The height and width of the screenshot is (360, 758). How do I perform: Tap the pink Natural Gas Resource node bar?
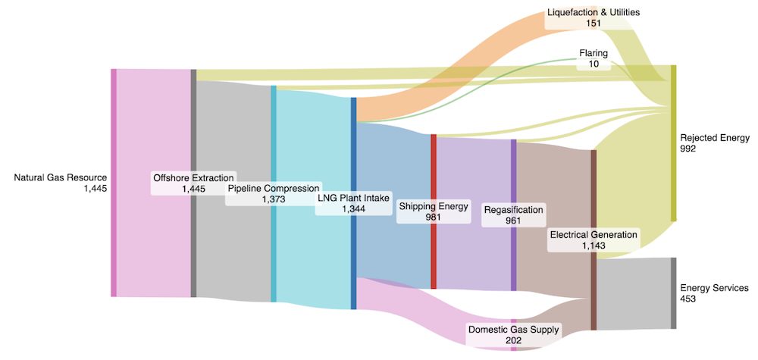point(114,183)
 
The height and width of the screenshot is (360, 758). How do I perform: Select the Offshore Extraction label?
point(193,178)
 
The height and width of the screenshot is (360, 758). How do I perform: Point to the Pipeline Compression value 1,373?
point(274,199)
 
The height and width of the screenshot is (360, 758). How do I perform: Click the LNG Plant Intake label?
point(353,198)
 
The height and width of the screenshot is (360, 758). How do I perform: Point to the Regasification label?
point(514,210)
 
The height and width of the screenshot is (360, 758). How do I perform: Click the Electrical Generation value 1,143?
point(594,246)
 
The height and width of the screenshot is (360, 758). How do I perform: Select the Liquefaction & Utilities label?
point(594,12)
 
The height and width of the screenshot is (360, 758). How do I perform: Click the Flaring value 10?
point(594,64)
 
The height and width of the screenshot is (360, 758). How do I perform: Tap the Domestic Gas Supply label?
point(514,330)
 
